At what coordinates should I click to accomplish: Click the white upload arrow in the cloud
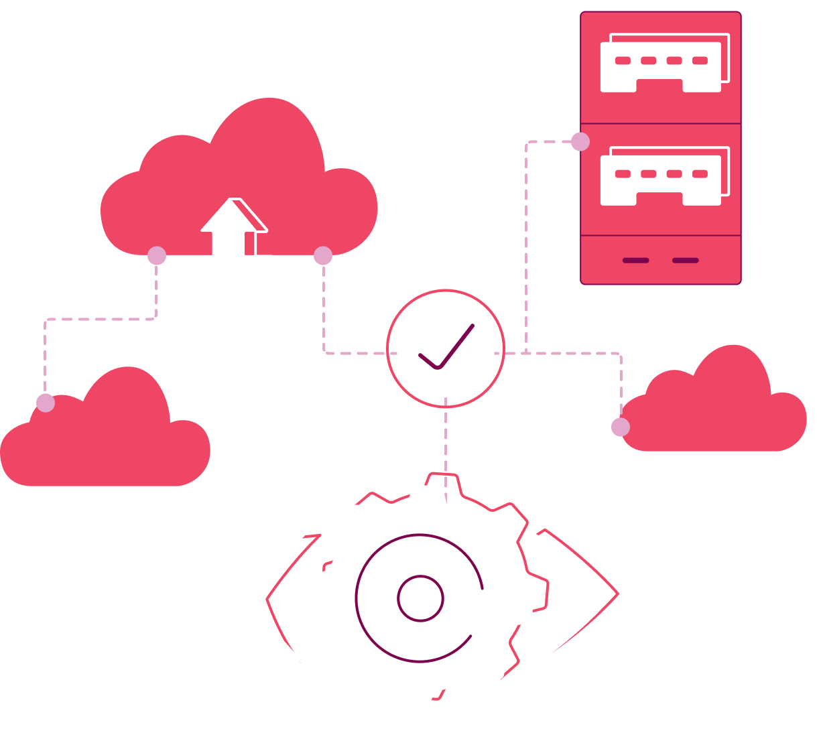coord(231,231)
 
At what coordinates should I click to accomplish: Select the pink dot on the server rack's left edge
coord(580,141)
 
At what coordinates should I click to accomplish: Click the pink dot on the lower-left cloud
coord(46,403)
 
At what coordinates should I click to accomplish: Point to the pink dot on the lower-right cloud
coord(621,427)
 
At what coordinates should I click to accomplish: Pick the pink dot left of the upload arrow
coord(156,255)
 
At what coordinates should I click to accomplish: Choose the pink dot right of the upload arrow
coord(323,255)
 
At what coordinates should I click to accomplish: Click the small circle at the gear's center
coord(420,598)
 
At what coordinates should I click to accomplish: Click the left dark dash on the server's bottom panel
coord(635,261)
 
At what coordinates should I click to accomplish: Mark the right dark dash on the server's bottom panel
coord(685,261)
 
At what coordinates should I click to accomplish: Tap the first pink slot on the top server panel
coord(623,60)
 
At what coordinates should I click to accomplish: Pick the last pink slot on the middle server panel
coord(700,174)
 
